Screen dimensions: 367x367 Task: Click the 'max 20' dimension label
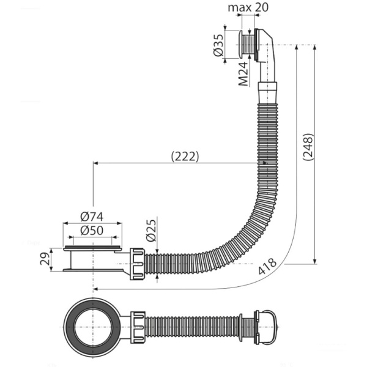click(248, 7)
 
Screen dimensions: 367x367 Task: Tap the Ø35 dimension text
click(218, 45)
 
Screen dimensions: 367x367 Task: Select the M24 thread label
click(243, 74)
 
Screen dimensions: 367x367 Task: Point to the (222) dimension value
click(185, 157)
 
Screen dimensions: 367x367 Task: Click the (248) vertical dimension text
click(308, 147)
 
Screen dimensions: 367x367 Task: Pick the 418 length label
click(267, 266)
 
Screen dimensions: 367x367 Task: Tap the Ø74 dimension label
click(92, 217)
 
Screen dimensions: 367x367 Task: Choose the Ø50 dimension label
click(92, 231)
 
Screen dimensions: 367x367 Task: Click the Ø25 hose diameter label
click(150, 231)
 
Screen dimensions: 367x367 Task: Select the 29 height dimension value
click(45, 259)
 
